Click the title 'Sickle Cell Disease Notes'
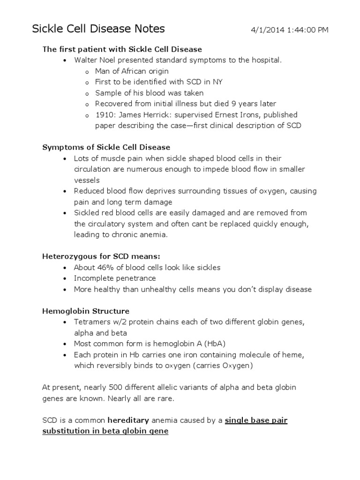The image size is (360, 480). pyautogui.click(x=98, y=29)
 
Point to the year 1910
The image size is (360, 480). pyautogui.click(x=104, y=115)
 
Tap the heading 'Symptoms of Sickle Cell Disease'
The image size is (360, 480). pyautogui.click(x=106, y=148)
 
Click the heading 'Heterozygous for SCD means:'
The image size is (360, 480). pyautogui.click(x=101, y=256)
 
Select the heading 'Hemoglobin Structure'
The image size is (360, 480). pyautogui.click(x=86, y=311)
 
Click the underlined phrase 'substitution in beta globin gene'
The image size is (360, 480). pyautogui.click(x=105, y=431)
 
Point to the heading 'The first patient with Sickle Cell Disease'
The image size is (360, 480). pyautogui.click(x=122, y=49)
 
